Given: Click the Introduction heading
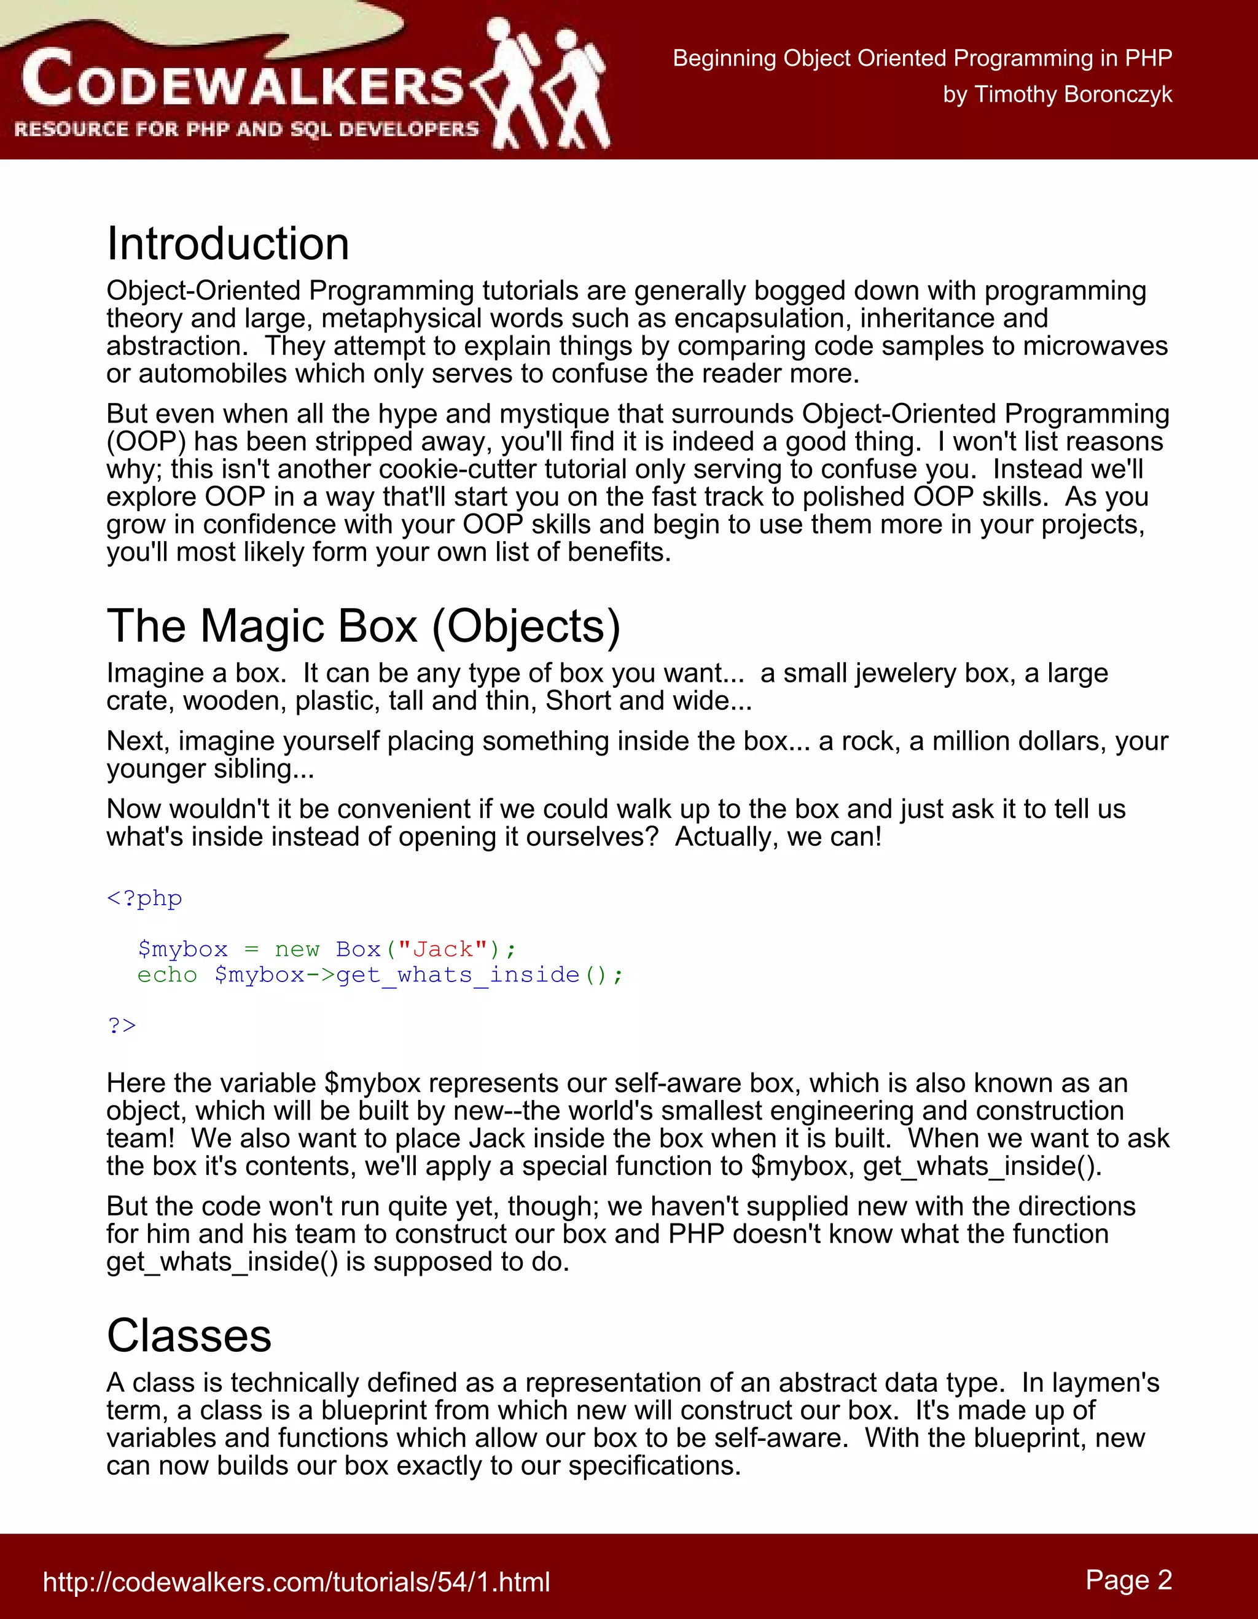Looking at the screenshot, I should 227,244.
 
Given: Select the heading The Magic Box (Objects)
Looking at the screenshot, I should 363,626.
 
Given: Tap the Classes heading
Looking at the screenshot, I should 189,1336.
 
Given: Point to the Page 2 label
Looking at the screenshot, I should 1128,1580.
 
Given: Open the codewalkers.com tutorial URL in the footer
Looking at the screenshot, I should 297,1582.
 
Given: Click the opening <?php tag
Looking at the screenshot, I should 144,899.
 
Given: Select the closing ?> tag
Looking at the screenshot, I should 122,1025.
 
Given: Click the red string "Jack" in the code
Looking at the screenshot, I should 442,950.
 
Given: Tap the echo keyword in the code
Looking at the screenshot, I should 167,975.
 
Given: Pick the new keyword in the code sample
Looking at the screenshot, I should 297,950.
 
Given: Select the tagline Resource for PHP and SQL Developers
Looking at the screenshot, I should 246,130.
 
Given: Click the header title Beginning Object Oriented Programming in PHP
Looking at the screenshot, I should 922,58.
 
